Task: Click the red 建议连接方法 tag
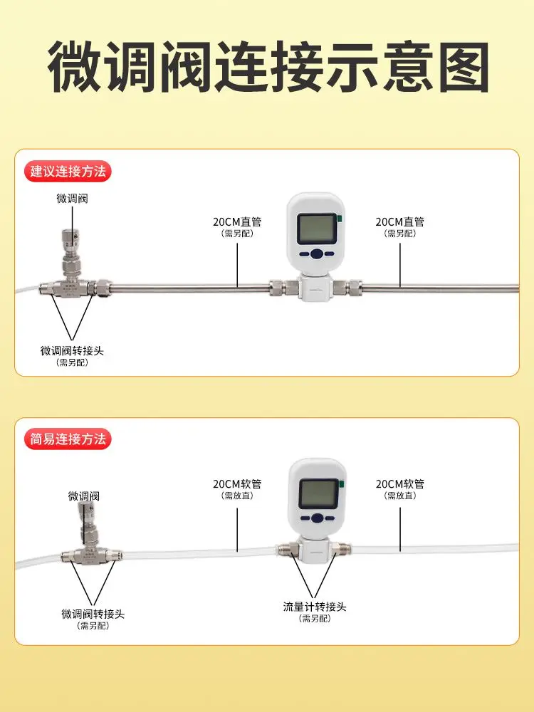(69, 172)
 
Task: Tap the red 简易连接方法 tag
(69, 439)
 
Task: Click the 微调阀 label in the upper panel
(72, 199)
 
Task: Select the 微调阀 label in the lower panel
(83, 496)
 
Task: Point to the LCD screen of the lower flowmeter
(318, 493)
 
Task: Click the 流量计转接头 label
(315, 607)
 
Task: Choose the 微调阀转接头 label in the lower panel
(93, 614)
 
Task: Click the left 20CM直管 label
(237, 221)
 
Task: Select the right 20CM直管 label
(400, 221)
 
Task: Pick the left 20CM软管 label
(237, 484)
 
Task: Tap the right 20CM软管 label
(400, 484)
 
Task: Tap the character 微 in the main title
(75, 68)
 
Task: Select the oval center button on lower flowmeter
(317, 518)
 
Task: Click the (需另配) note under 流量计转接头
(315, 618)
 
